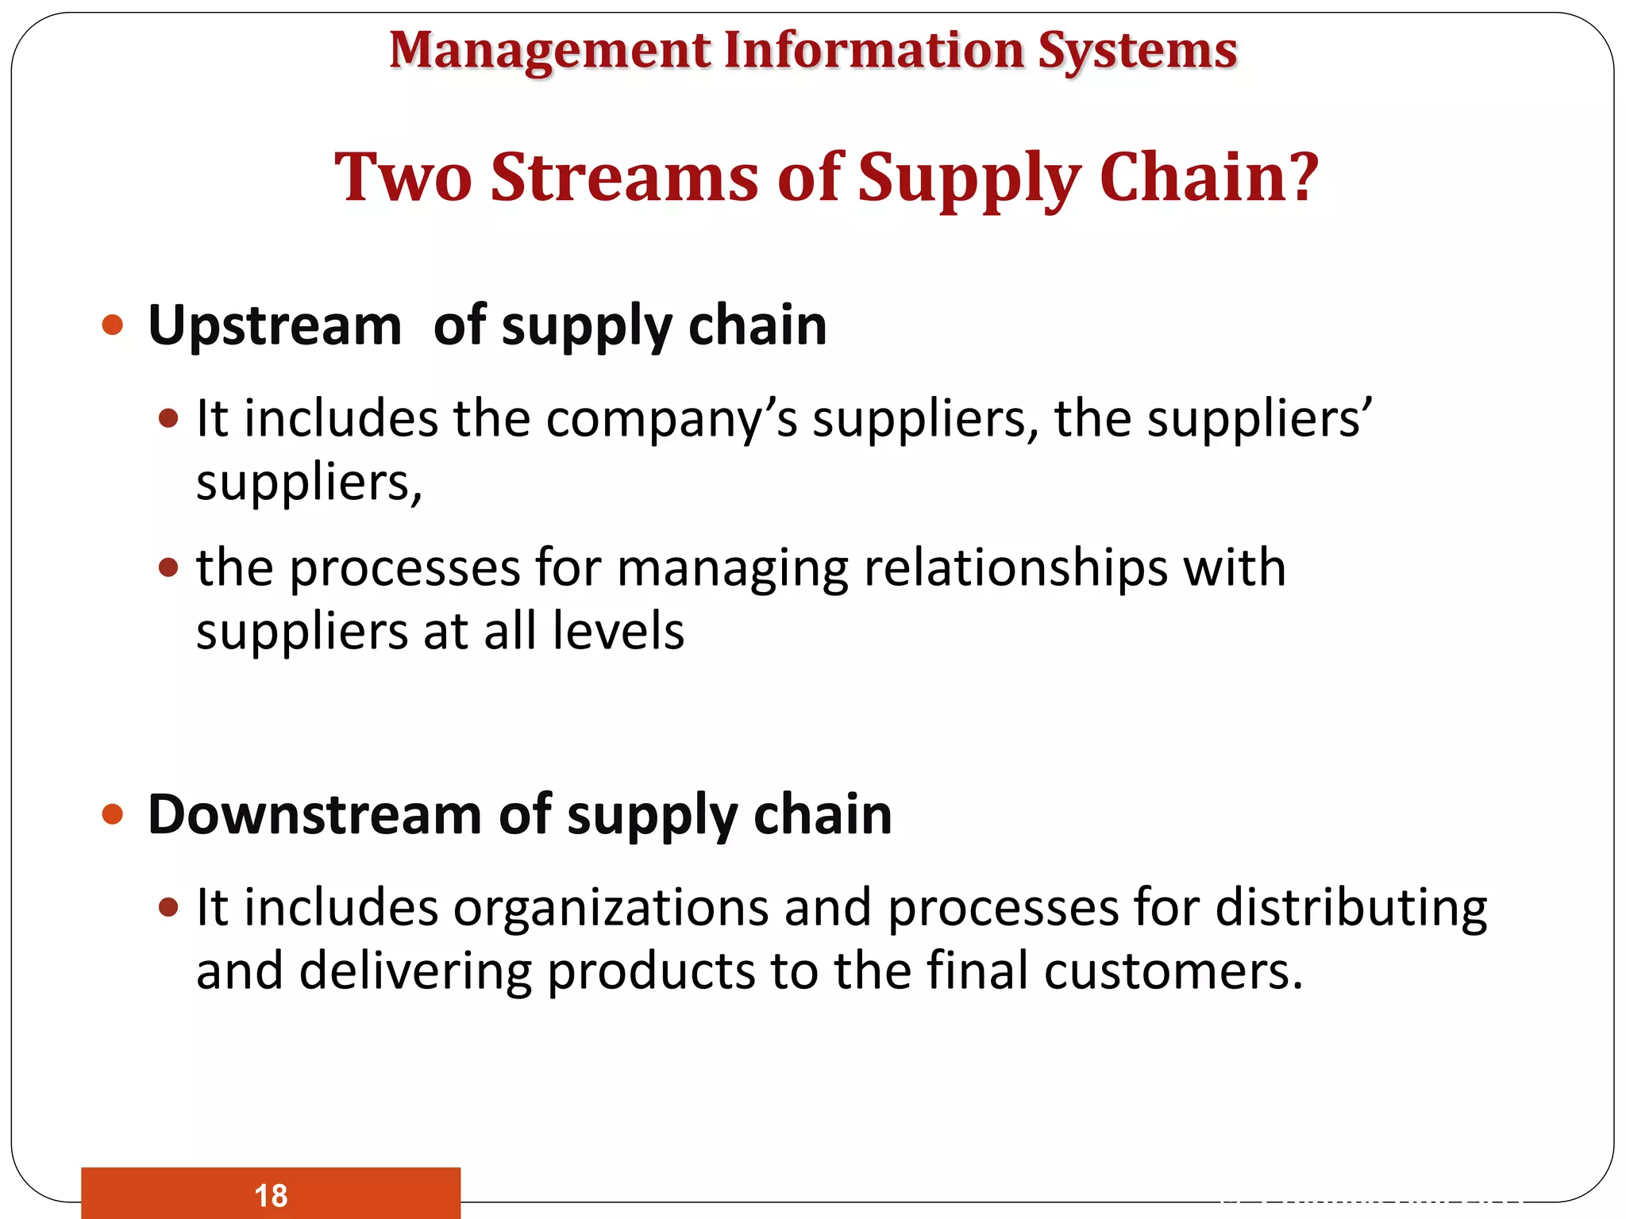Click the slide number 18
[x=271, y=1195]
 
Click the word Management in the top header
[x=549, y=52]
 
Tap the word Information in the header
[x=873, y=50]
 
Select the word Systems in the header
[x=1137, y=52]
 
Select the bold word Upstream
[x=275, y=326]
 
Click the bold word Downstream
[x=314, y=815]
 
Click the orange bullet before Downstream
[x=113, y=814]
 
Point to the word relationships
[x=1015, y=568]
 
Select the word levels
[x=618, y=632]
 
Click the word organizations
[x=611, y=908]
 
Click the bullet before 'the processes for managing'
[x=168, y=567]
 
